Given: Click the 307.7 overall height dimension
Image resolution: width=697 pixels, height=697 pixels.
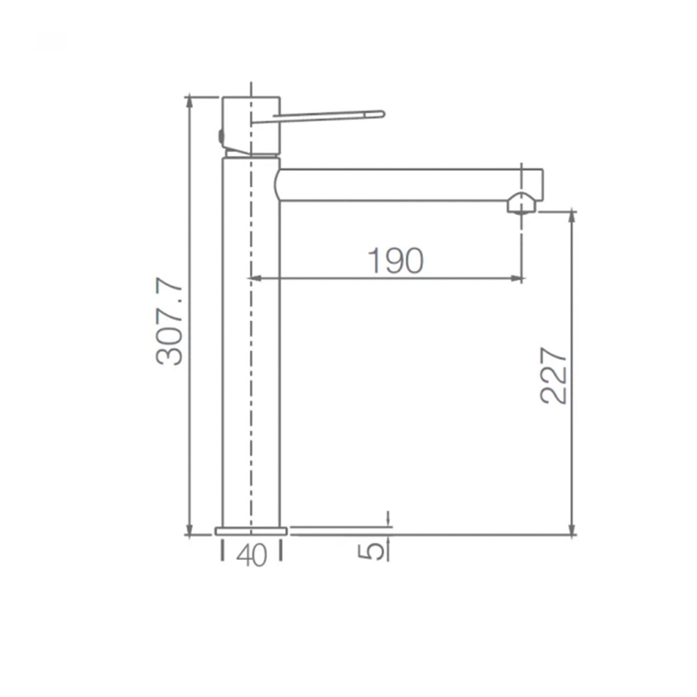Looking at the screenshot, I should pyautogui.click(x=171, y=322).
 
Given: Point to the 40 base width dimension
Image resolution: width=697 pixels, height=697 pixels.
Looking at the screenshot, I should pyautogui.click(x=251, y=555).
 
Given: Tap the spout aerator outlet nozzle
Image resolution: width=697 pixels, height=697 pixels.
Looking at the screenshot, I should pyautogui.click(x=522, y=204).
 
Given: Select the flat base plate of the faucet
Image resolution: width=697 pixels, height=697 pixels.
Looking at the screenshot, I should pyautogui.click(x=251, y=531).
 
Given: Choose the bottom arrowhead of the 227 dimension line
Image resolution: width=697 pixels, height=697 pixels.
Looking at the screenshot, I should pyautogui.click(x=573, y=531).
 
